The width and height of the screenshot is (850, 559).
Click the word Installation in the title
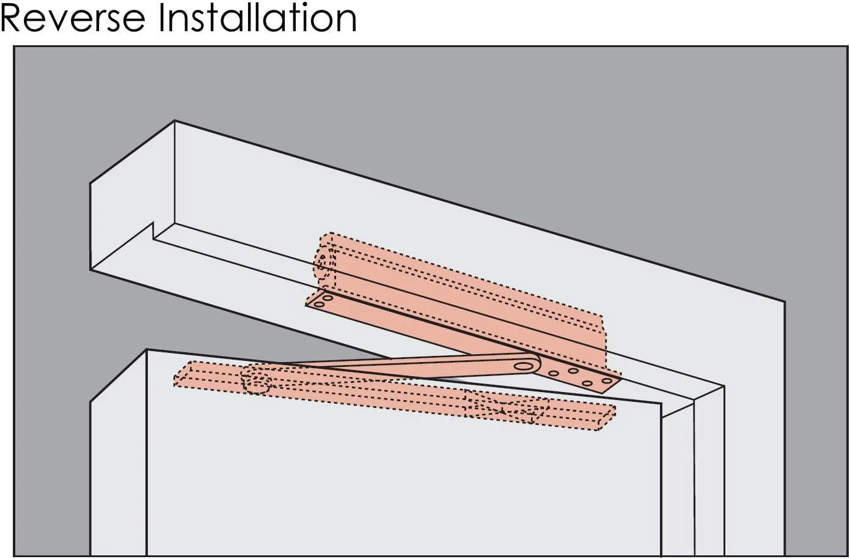258,18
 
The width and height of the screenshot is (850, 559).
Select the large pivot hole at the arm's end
523,366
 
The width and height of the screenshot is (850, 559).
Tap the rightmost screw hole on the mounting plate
607,380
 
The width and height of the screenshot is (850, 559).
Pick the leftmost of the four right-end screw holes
554,374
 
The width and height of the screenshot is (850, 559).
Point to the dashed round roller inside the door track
257,378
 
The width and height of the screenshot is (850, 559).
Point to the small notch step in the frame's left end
153,231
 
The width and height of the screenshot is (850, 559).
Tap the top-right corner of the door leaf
661,403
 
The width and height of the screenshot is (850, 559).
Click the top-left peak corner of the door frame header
175,120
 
